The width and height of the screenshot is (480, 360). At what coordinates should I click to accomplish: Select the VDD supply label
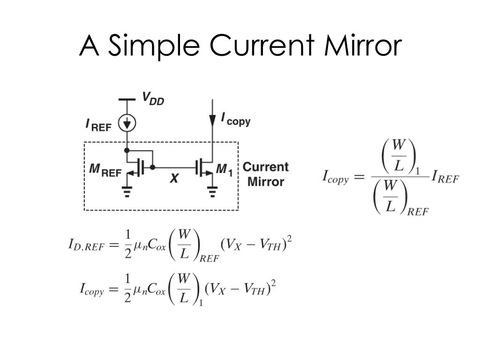153,99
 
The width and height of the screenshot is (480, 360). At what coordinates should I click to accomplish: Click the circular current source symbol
127,123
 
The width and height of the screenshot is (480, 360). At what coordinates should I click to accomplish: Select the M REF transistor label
105,171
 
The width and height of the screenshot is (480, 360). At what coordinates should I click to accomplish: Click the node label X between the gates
173,178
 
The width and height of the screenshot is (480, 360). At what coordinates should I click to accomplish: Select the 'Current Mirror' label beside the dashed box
265,174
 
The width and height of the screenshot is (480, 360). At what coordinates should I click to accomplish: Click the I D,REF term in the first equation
86,245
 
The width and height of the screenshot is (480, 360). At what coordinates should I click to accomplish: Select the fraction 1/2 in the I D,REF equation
127,244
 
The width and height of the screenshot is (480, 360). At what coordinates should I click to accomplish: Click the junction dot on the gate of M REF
152,166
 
